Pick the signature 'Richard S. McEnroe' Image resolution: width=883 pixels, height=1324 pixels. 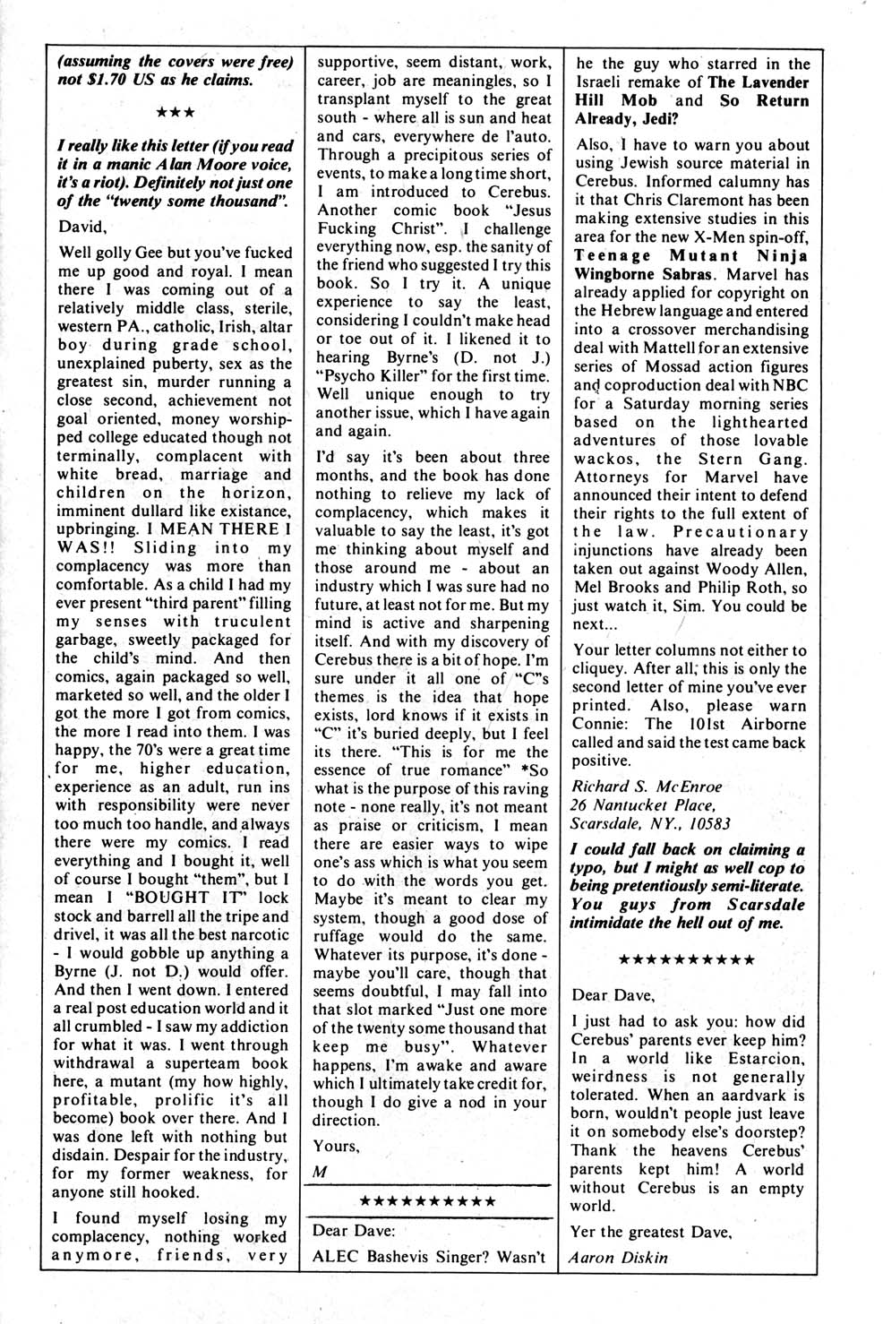(647, 787)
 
